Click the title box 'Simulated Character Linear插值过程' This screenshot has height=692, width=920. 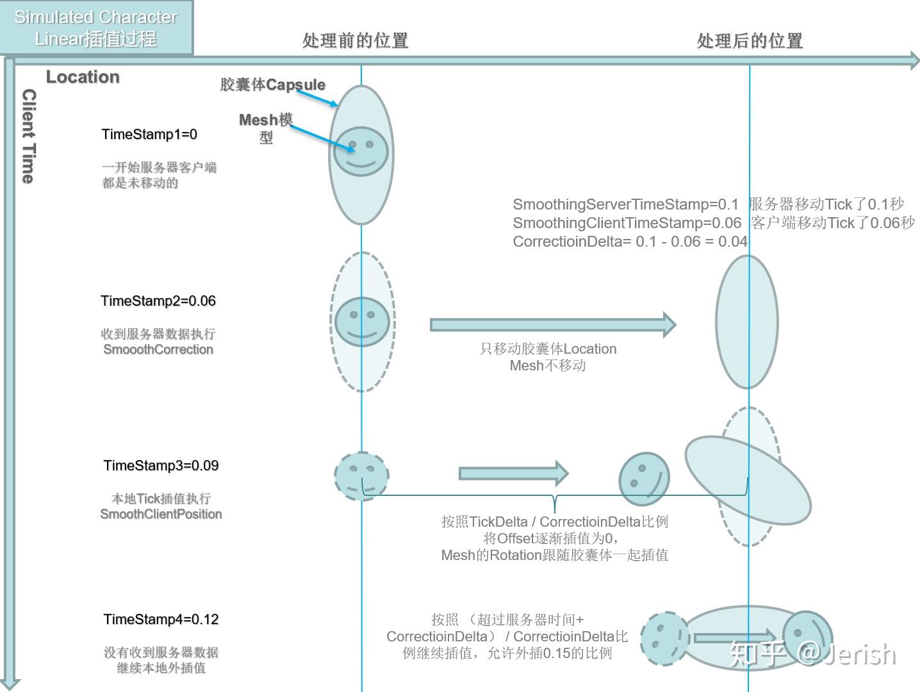click(x=96, y=28)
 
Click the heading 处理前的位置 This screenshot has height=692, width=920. click(x=355, y=41)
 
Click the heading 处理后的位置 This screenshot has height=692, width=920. click(x=749, y=41)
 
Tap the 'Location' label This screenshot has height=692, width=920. click(x=83, y=77)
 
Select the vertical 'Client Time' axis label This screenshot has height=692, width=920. click(x=29, y=136)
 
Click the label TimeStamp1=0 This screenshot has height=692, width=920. click(x=149, y=135)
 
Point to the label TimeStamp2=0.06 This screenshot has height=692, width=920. click(x=158, y=301)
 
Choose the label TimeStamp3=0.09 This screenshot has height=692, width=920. click(x=161, y=466)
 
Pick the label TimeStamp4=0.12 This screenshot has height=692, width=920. click(x=161, y=620)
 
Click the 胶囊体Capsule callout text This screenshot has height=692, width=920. click(x=272, y=85)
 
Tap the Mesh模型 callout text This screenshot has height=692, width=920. click(x=266, y=128)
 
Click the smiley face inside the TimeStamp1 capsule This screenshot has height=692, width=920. click(x=361, y=152)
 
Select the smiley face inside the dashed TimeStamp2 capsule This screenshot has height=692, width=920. click(x=362, y=322)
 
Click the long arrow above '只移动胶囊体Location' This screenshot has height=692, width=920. click(x=552, y=325)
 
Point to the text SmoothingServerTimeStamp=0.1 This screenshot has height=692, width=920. click(x=625, y=204)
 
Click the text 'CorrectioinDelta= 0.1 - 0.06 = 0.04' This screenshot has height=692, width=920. click(x=630, y=242)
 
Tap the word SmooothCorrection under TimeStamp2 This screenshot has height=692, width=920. click(x=158, y=350)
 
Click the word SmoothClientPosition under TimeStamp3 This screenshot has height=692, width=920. click(x=161, y=515)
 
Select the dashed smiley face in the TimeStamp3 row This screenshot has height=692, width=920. click(x=361, y=476)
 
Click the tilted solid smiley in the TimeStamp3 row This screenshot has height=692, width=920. click(x=644, y=479)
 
